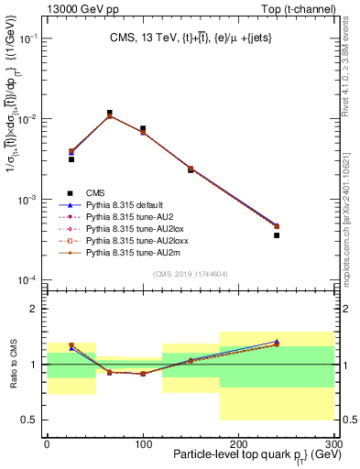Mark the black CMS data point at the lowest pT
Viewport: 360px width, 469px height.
71,159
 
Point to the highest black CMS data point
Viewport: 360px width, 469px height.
110,113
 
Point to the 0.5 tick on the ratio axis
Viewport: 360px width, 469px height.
34,420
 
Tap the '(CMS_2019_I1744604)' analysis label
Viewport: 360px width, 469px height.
190,273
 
